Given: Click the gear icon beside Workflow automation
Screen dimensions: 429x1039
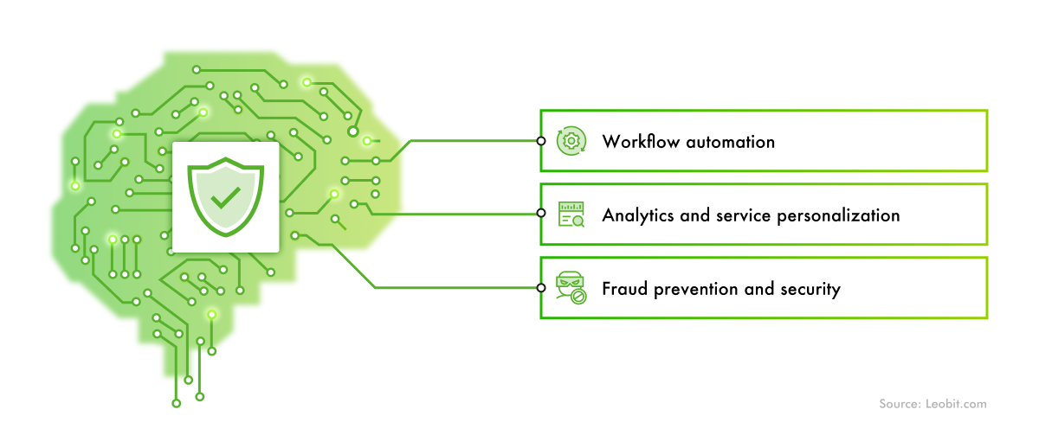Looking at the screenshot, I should click(571, 140).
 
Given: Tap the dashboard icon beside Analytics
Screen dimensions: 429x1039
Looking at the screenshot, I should click(571, 214).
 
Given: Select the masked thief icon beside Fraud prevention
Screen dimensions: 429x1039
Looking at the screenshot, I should click(571, 287).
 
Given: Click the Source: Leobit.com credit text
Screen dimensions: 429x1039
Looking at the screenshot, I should click(933, 404).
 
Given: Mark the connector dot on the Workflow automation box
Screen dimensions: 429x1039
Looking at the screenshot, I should click(540, 140).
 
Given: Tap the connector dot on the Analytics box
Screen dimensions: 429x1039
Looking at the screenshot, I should click(540, 214).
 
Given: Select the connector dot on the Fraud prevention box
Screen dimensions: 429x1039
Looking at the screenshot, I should click(540, 287).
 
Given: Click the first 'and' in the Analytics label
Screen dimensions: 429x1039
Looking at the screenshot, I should click(695, 214).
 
